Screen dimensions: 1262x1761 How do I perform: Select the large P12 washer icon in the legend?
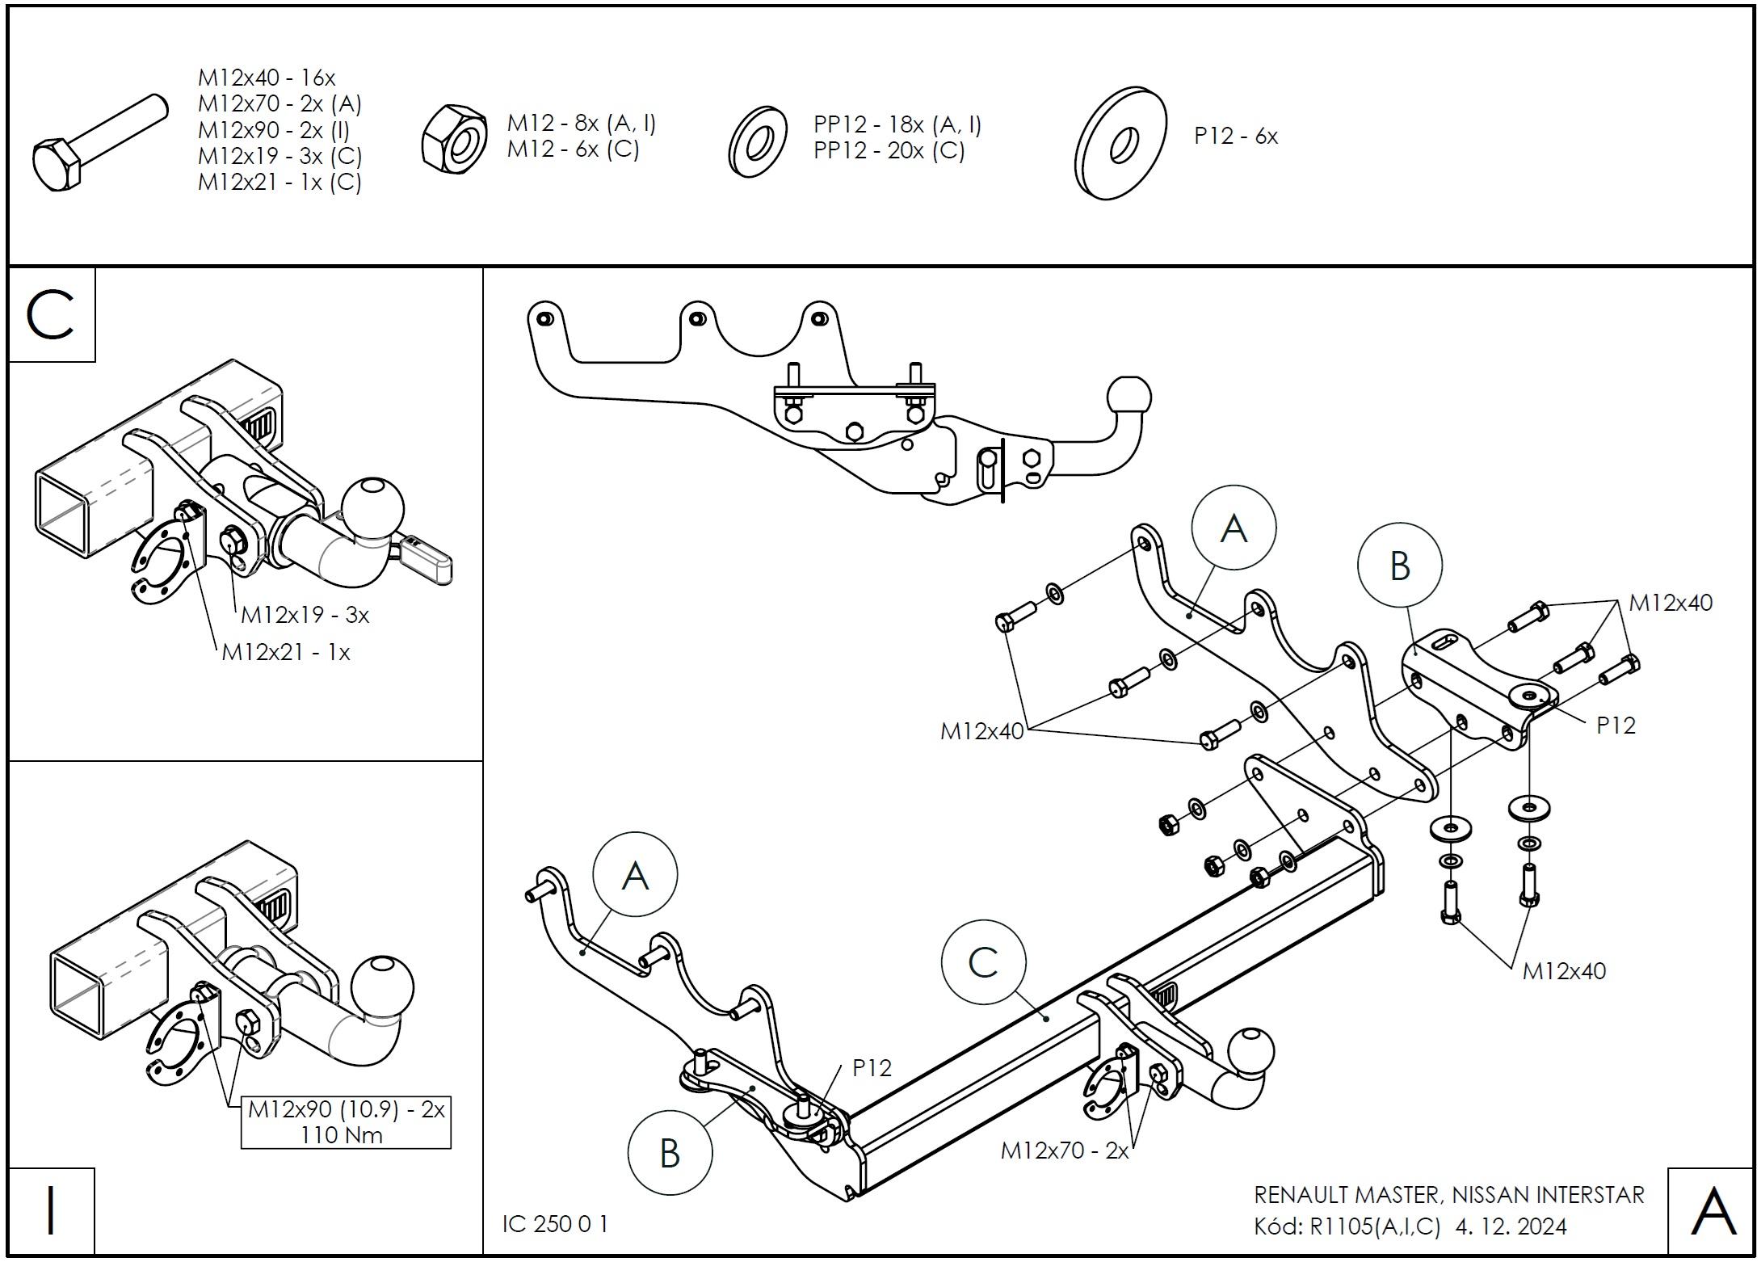1120,143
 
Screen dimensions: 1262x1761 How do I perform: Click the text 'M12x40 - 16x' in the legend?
267,78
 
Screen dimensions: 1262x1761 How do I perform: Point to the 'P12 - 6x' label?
1236,136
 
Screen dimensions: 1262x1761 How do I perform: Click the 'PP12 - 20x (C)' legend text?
889,150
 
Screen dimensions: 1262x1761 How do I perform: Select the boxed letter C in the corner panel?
51,315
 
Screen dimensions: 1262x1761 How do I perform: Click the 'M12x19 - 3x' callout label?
305,615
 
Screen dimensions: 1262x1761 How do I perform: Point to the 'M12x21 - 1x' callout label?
286,652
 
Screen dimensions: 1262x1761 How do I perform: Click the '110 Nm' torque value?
343,1134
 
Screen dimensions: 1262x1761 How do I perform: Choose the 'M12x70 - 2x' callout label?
1064,1151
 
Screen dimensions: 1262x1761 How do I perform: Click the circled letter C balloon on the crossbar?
983,963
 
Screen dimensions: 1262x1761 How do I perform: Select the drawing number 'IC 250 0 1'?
555,1223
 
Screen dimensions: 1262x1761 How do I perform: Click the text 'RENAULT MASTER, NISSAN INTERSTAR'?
1448,1195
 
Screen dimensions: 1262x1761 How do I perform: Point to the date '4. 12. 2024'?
1511,1226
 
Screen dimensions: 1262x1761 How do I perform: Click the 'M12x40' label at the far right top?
1670,603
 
